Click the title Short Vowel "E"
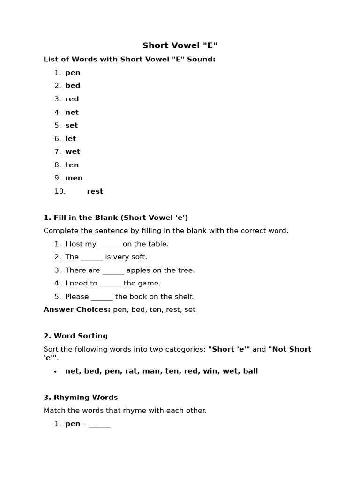[180, 45]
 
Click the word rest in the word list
[95, 191]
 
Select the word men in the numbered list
[74, 178]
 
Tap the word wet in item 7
[73, 152]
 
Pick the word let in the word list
[70, 139]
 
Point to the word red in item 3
[72, 99]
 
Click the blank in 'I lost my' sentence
[110, 244]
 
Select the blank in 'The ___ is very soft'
[92, 257]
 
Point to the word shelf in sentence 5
[183, 297]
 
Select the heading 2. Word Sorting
[75, 336]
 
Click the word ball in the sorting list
[251, 371]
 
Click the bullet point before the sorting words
[55, 372]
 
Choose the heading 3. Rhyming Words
[81, 397]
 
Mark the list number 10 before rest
[60, 191]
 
